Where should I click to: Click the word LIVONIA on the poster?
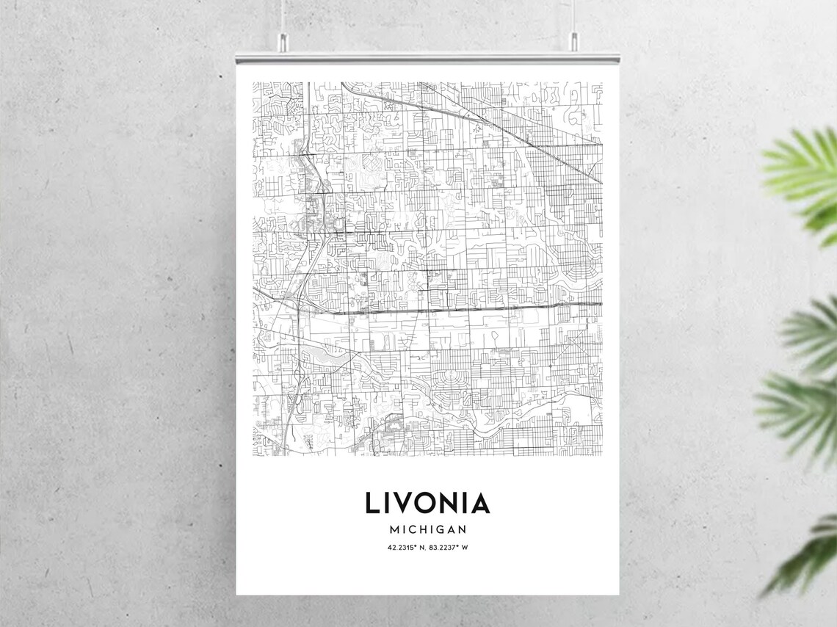point(427,503)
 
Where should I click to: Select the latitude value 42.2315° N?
point(407,547)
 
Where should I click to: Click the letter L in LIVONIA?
point(373,503)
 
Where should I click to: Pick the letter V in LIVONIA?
point(403,503)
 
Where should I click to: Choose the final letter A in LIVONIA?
point(479,503)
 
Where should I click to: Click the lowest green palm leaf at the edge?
point(808,551)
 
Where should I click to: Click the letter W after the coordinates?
point(465,547)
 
